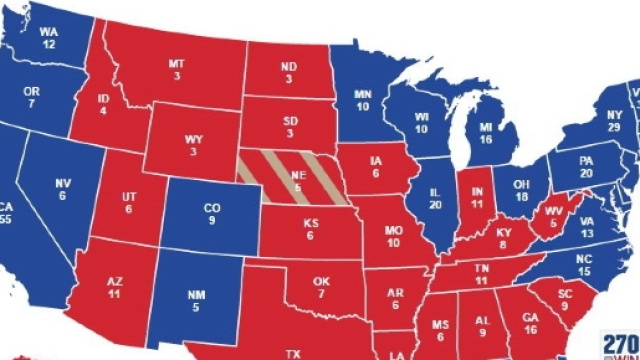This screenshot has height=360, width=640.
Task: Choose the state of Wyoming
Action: click(191, 140)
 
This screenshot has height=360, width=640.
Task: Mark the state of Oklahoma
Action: click(321, 275)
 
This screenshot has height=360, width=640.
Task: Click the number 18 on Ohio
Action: click(520, 196)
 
